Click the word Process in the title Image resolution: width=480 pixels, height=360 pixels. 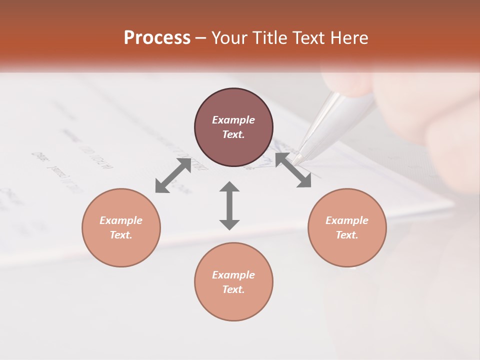(x=157, y=38)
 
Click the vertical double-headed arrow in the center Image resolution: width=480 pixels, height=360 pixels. (x=229, y=205)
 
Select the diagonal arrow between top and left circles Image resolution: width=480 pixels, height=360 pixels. (x=173, y=175)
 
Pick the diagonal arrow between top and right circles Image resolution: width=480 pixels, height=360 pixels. (x=293, y=170)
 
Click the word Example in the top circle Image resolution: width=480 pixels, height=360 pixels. (x=233, y=120)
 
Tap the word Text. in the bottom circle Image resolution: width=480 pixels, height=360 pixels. (x=233, y=289)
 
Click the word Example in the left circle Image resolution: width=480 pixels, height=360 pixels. (x=121, y=220)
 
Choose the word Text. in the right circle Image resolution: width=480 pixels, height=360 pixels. (x=347, y=235)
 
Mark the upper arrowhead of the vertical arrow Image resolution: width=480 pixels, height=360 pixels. (x=229, y=187)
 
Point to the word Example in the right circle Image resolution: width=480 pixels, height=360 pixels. (x=347, y=220)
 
